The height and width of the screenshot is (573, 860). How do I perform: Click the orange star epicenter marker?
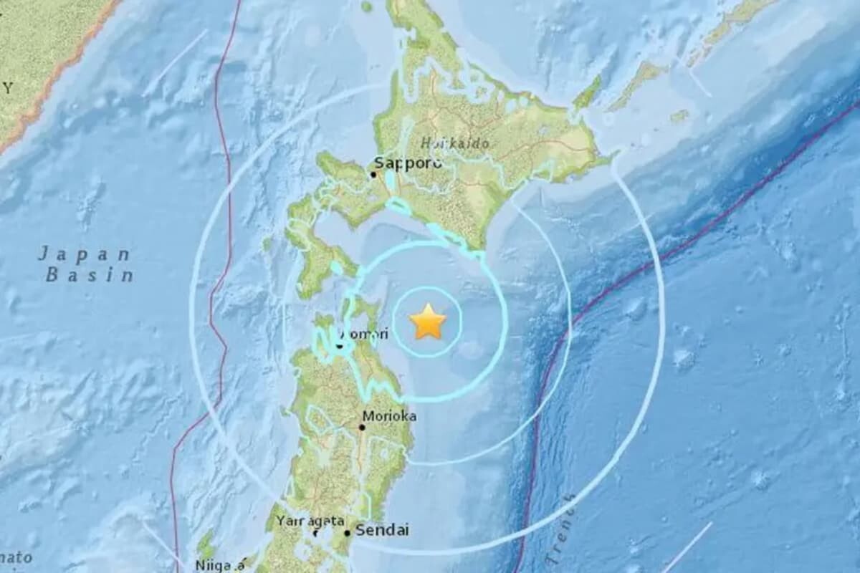pos(429,322)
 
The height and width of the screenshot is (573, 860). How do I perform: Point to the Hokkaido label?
pos(455,143)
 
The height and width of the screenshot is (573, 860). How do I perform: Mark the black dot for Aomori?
pos(339,345)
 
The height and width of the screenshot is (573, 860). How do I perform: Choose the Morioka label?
pos(389,415)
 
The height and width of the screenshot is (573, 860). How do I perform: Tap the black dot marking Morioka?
pos(362,427)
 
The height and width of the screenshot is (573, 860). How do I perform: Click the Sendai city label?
pos(382,531)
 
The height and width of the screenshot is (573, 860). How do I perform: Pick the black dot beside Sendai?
pos(347,533)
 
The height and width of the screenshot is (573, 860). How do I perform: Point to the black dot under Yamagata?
pos(316,533)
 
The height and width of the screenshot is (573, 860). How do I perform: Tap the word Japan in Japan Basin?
pos(85,254)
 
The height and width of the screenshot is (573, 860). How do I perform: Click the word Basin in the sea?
pos(90,274)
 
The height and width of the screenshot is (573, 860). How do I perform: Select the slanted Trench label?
pos(561,530)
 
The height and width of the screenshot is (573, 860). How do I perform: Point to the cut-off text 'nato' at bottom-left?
pos(16,557)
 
